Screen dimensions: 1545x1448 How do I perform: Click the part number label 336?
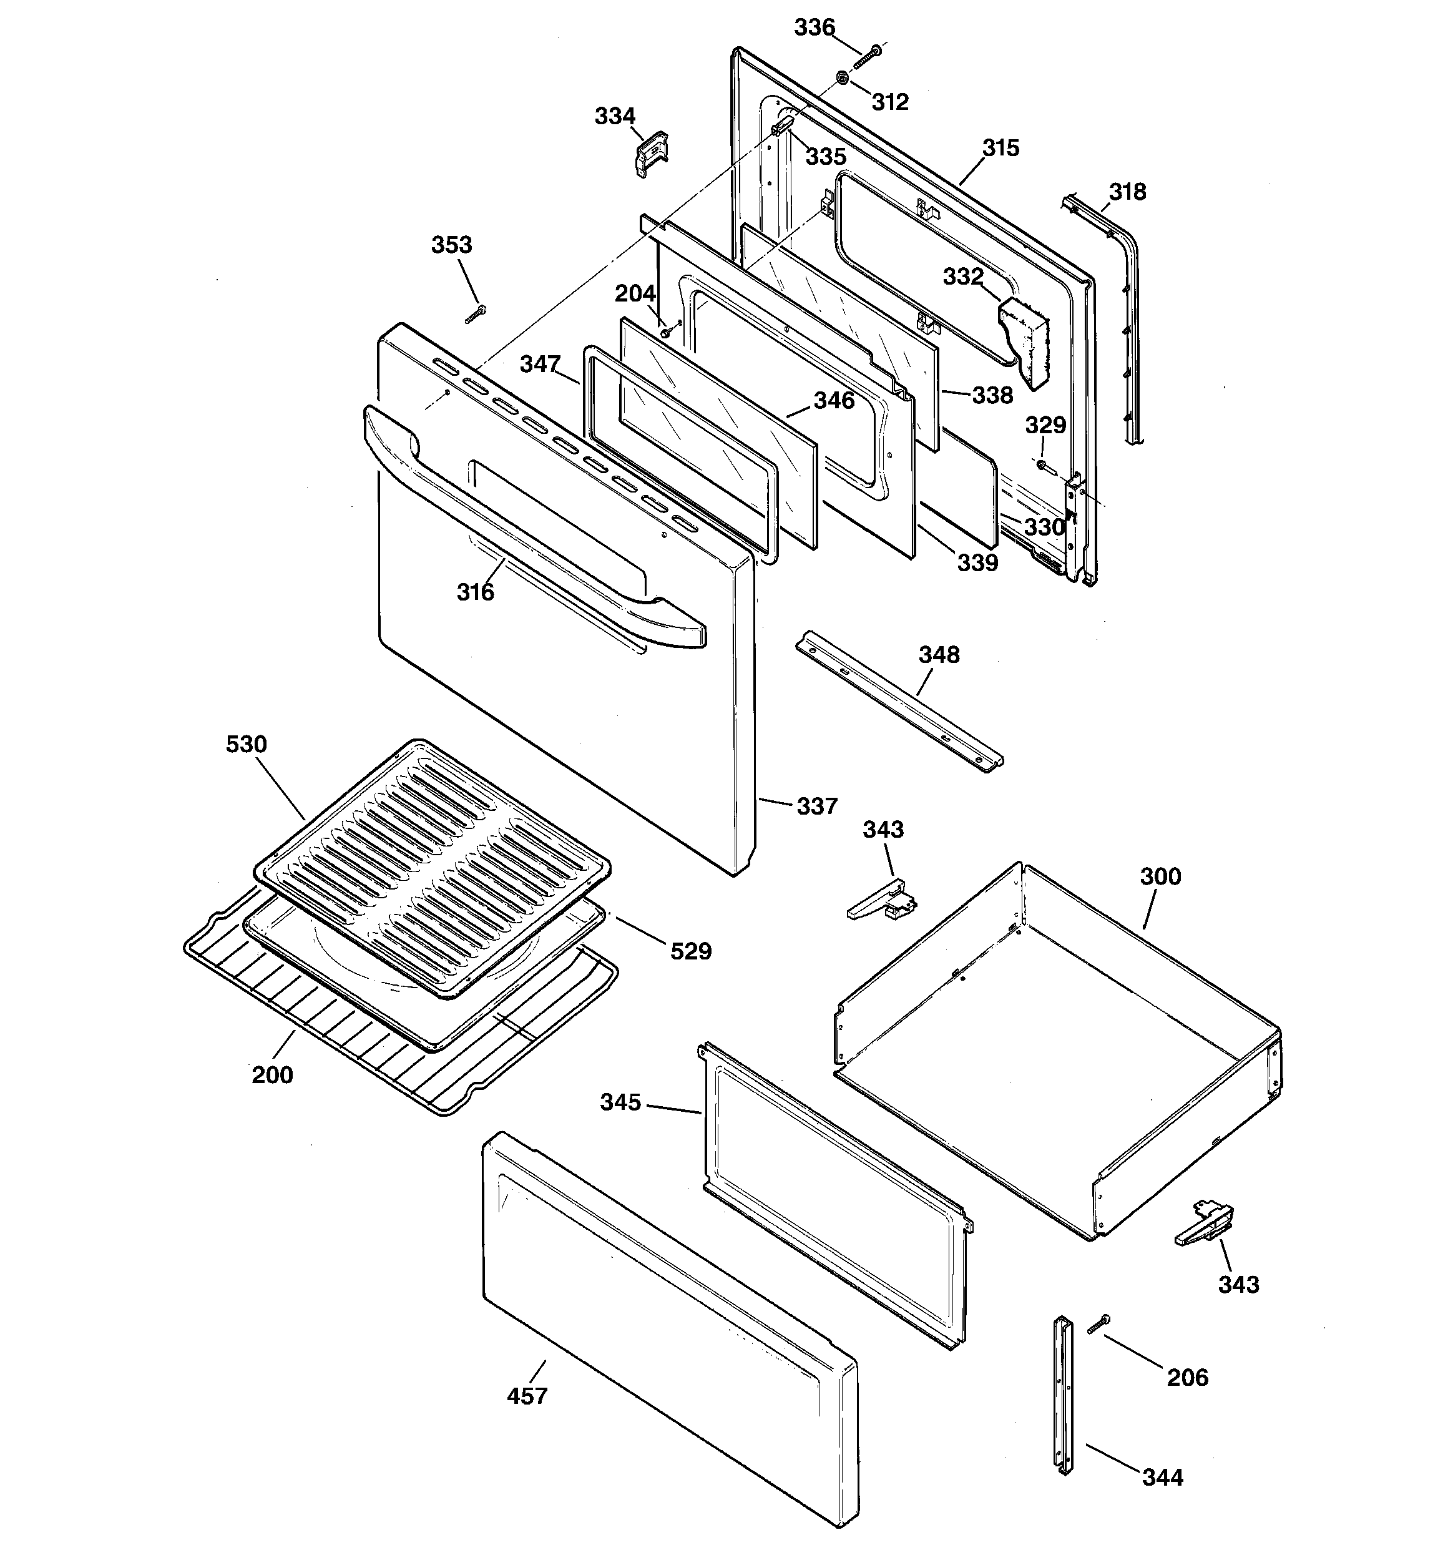click(x=814, y=28)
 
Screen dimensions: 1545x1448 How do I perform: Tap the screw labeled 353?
click(x=475, y=315)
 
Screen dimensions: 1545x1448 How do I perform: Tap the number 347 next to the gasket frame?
click(x=540, y=364)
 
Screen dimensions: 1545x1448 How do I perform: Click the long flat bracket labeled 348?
click(x=898, y=701)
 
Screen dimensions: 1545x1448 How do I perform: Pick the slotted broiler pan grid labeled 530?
click(x=431, y=867)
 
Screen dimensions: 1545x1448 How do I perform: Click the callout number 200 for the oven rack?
click(x=272, y=1075)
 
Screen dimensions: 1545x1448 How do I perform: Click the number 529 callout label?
click(x=690, y=951)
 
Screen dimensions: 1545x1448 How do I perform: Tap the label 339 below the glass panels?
click(x=977, y=562)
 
